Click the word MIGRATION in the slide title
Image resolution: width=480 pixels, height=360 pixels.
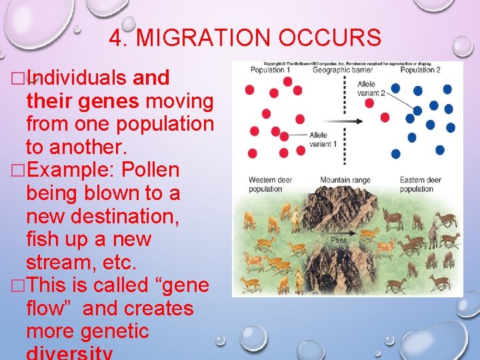tap(205, 39)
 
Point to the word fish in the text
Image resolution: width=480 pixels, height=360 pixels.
tap(43, 239)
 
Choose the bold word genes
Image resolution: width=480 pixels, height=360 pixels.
tap(109, 101)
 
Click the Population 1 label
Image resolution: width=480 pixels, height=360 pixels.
tap(271, 70)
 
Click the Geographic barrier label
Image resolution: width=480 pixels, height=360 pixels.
tap(343, 70)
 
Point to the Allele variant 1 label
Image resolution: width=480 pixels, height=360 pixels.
tap(319, 139)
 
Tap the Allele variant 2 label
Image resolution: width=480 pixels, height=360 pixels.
tap(371, 89)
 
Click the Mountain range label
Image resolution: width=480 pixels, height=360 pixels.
tap(345, 180)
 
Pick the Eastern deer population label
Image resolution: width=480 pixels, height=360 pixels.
tap(421, 184)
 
